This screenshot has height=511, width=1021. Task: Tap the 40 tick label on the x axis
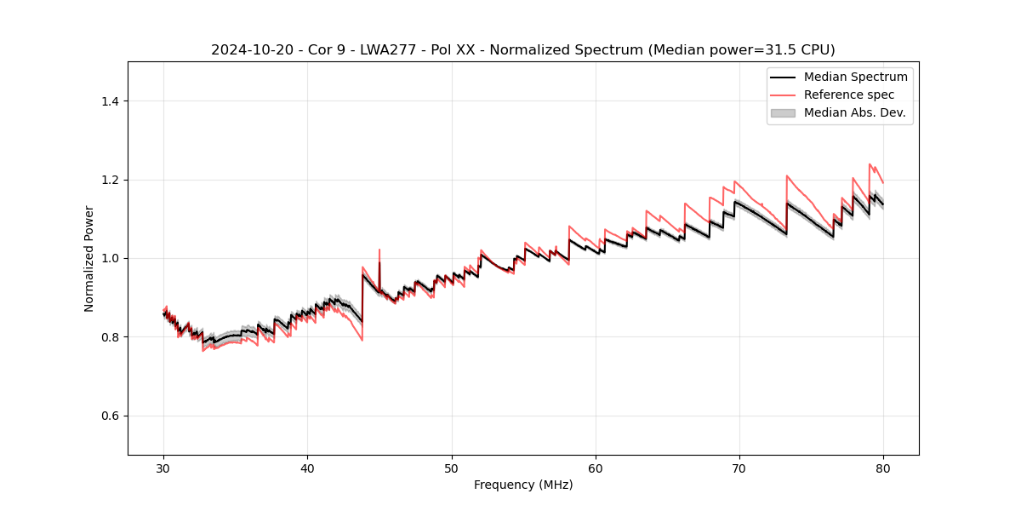(x=308, y=468)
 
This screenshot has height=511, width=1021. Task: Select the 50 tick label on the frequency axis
(x=452, y=468)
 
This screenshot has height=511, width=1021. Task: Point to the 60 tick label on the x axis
(x=596, y=468)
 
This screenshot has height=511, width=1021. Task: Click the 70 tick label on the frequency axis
(x=739, y=468)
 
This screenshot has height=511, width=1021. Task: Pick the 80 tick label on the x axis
(x=883, y=468)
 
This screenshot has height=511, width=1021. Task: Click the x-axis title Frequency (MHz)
(x=523, y=485)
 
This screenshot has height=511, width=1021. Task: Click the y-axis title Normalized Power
(x=89, y=258)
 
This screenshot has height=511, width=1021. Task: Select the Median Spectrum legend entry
(x=855, y=77)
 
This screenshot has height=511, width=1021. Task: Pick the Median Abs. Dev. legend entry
(x=854, y=112)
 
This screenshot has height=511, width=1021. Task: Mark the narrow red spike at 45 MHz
(x=379, y=250)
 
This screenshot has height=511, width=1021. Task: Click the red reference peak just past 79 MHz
(x=870, y=164)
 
